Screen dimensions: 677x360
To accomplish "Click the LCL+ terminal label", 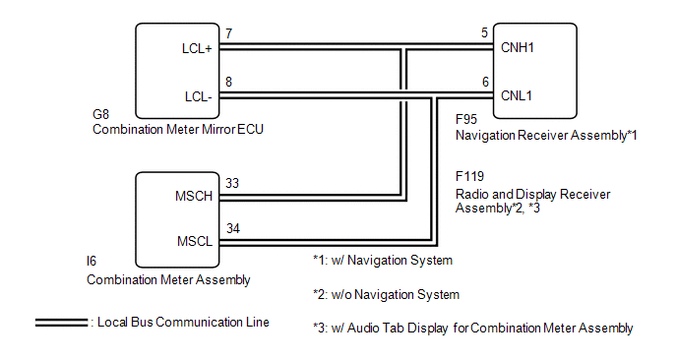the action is tap(197, 48).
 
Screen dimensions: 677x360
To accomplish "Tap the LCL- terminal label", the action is tap(199, 96).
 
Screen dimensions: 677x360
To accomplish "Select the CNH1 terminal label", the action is tap(518, 47).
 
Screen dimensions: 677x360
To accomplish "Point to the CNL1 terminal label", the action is tap(517, 95).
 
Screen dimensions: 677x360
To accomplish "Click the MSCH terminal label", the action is tap(194, 197).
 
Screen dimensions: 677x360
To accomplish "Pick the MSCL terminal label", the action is tap(195, 241).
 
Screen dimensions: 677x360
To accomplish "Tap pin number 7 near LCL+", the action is tap(229, 33).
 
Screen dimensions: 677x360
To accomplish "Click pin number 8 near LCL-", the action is tap(229, 82).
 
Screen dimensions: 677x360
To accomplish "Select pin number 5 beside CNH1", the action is tap(484, 32).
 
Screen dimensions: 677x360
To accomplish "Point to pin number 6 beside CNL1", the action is tap(485, 82).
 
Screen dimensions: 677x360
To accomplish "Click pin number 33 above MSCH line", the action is tap(232, 184).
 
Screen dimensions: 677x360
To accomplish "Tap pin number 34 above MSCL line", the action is tap(232, 228).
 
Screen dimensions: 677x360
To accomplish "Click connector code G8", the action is tap(100, 114).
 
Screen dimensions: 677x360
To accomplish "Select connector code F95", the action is tap(466, 119).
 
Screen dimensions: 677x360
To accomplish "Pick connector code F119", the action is tap(469, 176).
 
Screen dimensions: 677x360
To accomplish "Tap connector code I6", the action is tap(92, 262).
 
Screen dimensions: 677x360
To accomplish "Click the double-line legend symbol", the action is tap(61, 323).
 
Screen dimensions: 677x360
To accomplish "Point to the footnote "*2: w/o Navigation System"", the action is tap(386, 295).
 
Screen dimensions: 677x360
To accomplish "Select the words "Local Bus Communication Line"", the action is tap(183, 323).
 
